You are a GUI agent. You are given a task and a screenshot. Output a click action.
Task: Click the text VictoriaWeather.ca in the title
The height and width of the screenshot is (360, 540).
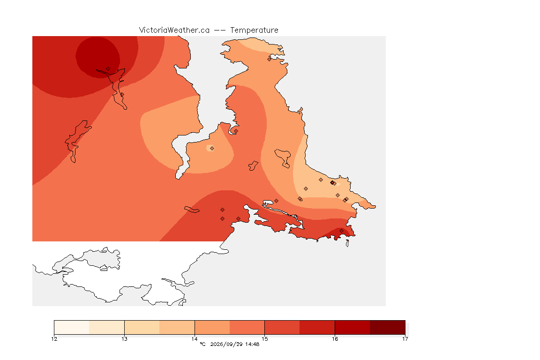pyautogui.click(x=174, y=30)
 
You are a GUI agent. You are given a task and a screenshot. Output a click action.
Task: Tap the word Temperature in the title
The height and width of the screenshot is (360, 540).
pyautogui.click(x=254, y=30)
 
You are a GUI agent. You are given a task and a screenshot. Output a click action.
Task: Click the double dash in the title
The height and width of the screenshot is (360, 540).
pyautogui.click(x=220, y=30)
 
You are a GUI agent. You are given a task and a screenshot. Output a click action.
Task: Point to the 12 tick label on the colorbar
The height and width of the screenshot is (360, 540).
pyautogui.click(x=54, y=339)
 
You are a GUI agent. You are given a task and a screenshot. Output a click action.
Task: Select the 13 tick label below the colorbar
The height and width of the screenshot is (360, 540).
pyautogui.click(x=124, y=339)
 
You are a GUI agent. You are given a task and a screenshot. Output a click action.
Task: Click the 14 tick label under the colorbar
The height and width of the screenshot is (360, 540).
pyautogui.click(x=195, y=339)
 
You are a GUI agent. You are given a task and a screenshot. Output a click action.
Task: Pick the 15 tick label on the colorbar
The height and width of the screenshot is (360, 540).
pyautogui.click(x=264, y=339)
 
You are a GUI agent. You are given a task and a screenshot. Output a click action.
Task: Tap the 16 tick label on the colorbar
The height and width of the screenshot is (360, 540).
pyautogui.click(x=335, y=339)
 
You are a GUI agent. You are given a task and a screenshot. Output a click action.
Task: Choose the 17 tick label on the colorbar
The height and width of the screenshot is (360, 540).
pyautogui.click(x=405, y=339)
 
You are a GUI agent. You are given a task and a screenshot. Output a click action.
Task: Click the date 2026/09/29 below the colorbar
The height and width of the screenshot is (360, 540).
pyautogui.click(x=226, y=344)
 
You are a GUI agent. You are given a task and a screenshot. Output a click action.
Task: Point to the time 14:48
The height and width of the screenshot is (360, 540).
pyautogui.click(x=252, y=344)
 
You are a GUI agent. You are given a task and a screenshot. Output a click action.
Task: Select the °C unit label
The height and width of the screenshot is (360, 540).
pyautogui.click(x=202, y=344)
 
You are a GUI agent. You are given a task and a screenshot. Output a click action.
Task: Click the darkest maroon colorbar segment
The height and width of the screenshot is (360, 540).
pyautogui.click(x=388, y=327)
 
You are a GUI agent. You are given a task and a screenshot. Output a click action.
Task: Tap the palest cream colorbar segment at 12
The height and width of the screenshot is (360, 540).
pyautogui.click(x=72, y=327)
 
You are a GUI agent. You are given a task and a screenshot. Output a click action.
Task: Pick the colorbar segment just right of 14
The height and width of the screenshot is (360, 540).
pyautogui.click(x=212, y=327)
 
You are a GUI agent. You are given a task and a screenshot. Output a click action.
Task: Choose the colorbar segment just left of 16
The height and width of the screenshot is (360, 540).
pyautogui.click(x=317, y=327)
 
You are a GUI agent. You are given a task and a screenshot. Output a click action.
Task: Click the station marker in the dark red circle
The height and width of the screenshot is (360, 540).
pyautogui.click(x=108, y=69)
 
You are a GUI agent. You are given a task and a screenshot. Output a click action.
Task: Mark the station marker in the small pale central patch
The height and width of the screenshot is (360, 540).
pyautogui.click(x=212, y=149)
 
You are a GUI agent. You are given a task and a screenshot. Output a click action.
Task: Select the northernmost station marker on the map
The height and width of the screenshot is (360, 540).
pyautogui.click(x=270, y=59)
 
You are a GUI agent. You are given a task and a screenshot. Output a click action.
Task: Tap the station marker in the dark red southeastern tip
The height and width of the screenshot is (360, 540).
pyautogui.click(x=341, y=231)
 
